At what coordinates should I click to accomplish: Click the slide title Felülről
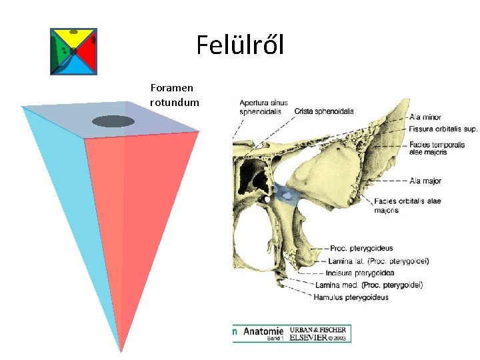coord(240,45)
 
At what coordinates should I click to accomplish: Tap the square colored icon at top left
coord(73,52)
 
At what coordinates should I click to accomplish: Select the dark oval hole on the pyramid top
coord(113,121)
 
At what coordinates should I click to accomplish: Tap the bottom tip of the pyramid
coord(120,350)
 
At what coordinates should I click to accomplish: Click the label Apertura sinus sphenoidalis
coord(264,107)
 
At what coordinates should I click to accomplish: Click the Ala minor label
coord(425,117)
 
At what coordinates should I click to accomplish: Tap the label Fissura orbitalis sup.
coord(443,129)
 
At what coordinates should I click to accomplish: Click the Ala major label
coord(425,181)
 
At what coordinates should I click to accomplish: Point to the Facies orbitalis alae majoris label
coord(407,205)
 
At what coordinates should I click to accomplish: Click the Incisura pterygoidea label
coord(361,273)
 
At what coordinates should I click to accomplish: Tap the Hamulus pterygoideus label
coord(351,297)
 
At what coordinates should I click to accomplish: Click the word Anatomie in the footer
coord(263,331)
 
